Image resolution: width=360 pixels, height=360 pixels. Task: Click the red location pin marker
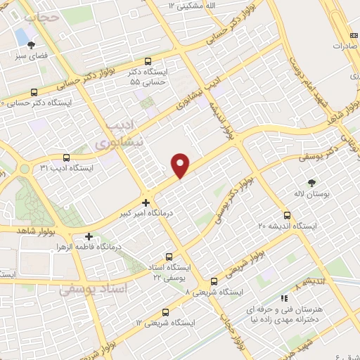point(181,165)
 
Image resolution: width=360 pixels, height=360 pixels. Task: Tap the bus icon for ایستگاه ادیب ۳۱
point(66,157)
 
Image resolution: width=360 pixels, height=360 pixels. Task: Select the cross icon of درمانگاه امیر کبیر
point(146,202)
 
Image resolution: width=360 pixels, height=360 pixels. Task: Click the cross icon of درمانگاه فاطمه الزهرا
point(89,237)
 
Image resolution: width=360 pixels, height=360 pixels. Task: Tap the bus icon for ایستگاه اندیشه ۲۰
point(287,215)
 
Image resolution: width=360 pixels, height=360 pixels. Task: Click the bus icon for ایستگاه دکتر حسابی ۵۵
point(147,61)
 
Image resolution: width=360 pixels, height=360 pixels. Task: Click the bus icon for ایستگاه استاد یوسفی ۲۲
point(168,257)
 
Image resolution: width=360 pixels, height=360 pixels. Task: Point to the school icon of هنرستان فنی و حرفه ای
point(283,299)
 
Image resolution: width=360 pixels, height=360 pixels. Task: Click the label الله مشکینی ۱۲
point(191,6)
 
